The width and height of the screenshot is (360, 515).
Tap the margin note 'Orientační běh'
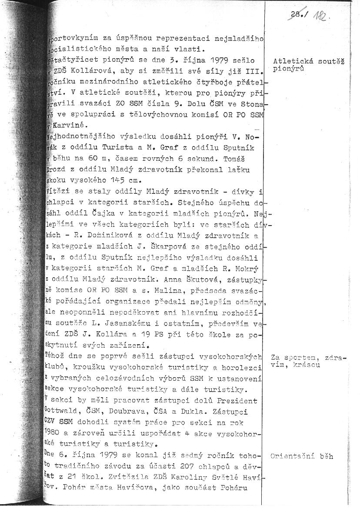(302, 456)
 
